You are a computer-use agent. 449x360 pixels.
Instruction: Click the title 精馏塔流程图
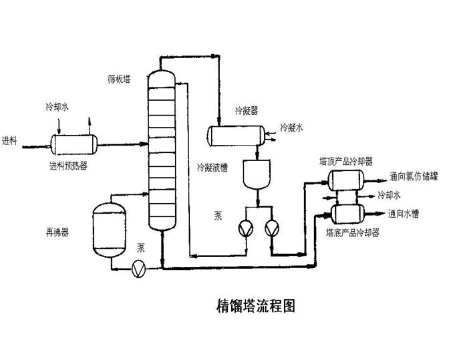click(255, 306)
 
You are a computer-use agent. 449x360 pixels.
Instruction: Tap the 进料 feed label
click(11, 140)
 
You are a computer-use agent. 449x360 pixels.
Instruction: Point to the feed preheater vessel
click(74, 142)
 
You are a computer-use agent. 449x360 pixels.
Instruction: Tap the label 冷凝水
click(291, 127)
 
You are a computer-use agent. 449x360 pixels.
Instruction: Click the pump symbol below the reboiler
click(139, 268)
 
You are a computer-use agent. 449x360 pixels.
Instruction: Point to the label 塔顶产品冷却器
click(345, 162)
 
